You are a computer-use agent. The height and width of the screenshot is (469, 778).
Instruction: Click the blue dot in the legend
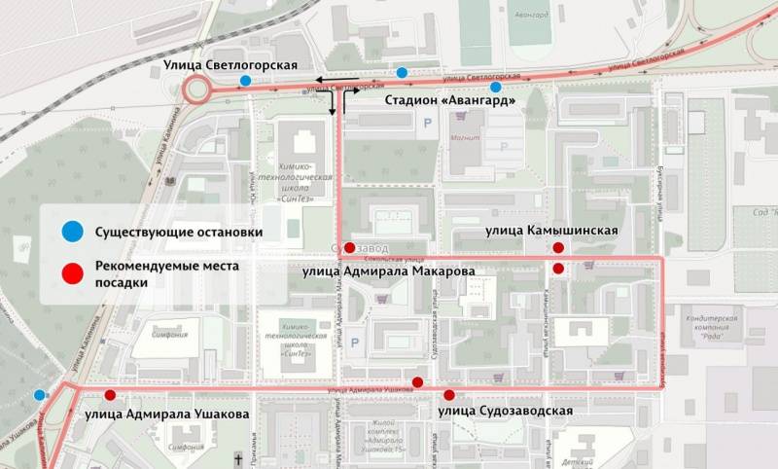click(71, 232)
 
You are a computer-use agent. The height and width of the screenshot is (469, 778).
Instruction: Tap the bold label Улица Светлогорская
click(216, 65)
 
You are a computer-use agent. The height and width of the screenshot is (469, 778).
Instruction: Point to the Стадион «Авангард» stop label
click(449, 100)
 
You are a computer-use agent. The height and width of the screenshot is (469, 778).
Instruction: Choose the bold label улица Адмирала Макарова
click(388, 271)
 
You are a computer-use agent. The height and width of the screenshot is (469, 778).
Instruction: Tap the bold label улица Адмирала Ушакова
click(167, 414)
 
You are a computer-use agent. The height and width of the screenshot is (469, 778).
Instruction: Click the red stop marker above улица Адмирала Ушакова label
click(110, 395)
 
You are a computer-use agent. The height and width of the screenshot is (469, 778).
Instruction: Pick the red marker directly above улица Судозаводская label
click(449, 395)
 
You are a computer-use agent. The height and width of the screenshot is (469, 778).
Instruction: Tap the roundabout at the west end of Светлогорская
click(196, 90)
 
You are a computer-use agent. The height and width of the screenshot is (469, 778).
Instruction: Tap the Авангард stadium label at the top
click(534, 15)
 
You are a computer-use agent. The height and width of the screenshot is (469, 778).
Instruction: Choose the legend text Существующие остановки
click(179, 233)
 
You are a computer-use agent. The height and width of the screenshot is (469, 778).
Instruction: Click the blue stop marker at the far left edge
click(39, 395)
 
